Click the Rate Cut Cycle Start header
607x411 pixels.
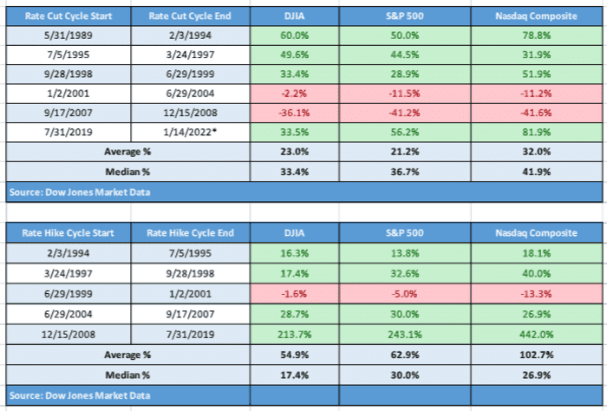pyautogui.click(x=69, y=16)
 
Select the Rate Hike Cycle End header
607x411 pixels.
pyautogui.click(x=190, y=233)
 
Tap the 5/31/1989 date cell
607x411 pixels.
pyautogui.click(x=69, y=36)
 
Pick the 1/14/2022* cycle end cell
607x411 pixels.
pyautogui.click(x=190, y=133)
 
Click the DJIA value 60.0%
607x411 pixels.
pyautogui.click(x=294, y=36)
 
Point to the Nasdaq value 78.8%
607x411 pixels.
pyautogui.click(x=536, y=36)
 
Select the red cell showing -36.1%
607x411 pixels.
pyautogui.click(x=294, y=113)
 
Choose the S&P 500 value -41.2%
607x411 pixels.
pyautogui.click(x=405, y=113)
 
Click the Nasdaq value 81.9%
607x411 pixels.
pyautogui.click(x=536, y=133)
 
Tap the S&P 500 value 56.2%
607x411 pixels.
pyautogui.click(x=405, y=133)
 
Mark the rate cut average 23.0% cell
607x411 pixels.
pyautogui.click(x=294, y=152)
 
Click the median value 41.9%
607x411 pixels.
pyautogui.click(x=536, y=172)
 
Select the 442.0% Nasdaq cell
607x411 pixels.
pyautogui.click(x=536, y=335)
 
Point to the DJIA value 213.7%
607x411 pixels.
pyautogui.click(x=294, y=335)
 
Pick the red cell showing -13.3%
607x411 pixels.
pyautogui.click(x=536, y=294)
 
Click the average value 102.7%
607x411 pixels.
pyautogui.click(x=536, y=355)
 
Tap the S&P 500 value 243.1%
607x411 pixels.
pyautogui.click(x=405, y=335)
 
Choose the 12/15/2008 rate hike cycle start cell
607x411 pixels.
pyautogui.click(x=69, y=335)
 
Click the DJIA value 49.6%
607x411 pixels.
pyautogui.click(x=294, y=55)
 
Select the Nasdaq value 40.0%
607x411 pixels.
pyautogui.click(x=536, y=274)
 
